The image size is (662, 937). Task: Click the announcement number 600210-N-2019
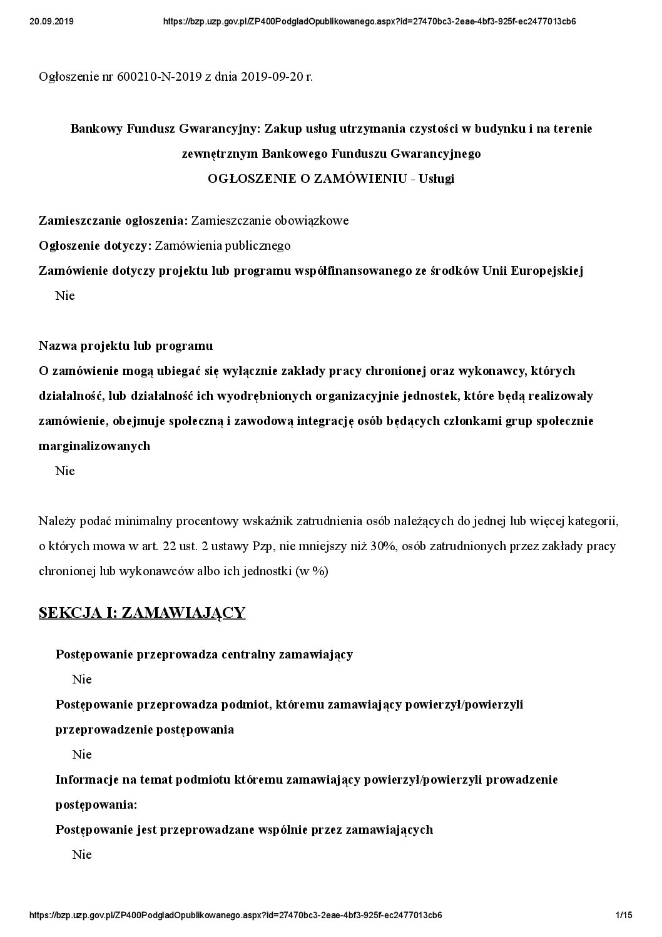159,77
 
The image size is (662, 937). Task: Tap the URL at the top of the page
369,21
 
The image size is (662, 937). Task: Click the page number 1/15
624,915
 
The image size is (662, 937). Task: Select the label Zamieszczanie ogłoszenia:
113,220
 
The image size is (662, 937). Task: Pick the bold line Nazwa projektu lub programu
126,346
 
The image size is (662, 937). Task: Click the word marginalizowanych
94,446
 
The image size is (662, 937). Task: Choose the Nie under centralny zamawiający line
82,679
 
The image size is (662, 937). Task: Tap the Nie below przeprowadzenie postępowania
82,754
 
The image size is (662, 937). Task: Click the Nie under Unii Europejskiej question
65,295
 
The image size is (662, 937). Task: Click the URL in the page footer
237,915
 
